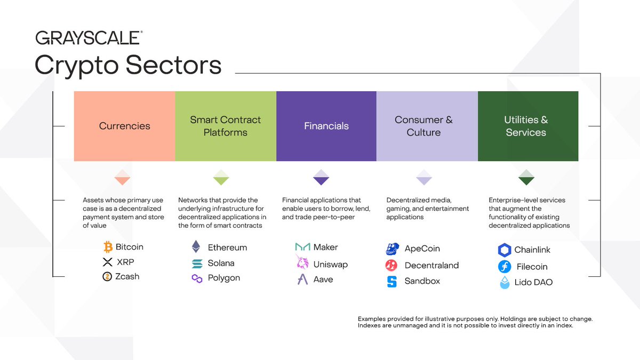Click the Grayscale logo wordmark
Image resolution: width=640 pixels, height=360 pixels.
pyautogui.click(x=88, y=38)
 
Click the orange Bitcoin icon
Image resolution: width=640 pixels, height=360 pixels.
pyautogui.click(x=108, y=247)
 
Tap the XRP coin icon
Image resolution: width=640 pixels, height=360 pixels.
pyautogui.click(x=108, y=262)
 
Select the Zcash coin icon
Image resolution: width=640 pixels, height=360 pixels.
pyautogui.click(x=108, y=276)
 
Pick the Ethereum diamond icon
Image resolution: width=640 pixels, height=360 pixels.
pyautogui.click(x=197, y=247)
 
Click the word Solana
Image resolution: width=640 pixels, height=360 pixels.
pyautogui.click(x=221, y=263)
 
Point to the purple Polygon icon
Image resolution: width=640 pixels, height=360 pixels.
pyautogui.click(x=197, y=278)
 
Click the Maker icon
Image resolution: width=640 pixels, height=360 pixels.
pyautogui.click(x=302, y=247)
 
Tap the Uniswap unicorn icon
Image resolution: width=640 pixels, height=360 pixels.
pyautogui.click(x=302, y=262)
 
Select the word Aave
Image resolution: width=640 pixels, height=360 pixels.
pyautogui.click(x=323, y=279)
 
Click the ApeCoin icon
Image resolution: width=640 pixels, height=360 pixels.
pyautogui.click(x=392, y=249)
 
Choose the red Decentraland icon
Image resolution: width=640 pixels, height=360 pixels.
pyautogui.click(x=392, y=265)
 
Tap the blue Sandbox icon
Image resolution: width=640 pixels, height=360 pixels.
pyautogui.click(x=392, y=281)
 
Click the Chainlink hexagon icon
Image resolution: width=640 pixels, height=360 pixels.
pyautogui.click(x=504, y=250)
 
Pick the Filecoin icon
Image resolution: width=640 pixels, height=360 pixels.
pyautogui.click(x=504, y=266)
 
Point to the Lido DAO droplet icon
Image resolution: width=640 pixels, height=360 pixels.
pyautogui.click(x=504, y=283)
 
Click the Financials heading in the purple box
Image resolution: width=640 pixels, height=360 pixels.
pyautogui.click(x=326, y=126)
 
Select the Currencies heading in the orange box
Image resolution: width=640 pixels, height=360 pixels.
pyautogui.click(x=124, y=126)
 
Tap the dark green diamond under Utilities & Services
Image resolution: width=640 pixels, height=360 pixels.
pyautogui.click(x=526, y=177)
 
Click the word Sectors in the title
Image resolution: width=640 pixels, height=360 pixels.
pyautogui.click(x=173, y=65)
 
